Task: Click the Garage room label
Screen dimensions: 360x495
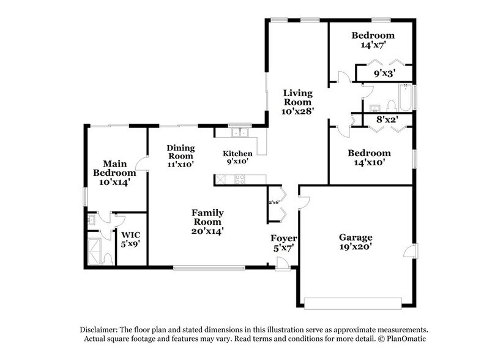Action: point(355,237)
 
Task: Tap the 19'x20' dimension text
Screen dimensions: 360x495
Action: point(355,247)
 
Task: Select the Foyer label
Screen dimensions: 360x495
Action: point(284,238)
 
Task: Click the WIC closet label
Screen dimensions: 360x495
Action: point(130,234)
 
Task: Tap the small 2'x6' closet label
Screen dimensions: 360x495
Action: point(274,202)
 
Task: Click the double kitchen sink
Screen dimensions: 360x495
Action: point(239,132)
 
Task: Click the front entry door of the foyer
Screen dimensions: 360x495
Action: point(282,264)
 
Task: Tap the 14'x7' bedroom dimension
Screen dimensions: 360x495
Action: point(373,45)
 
